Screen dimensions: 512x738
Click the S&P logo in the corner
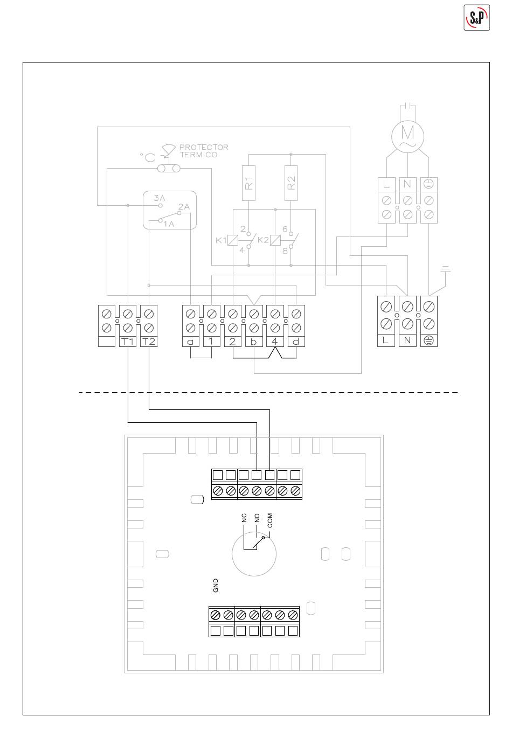pos(476,18)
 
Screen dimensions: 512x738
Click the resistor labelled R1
pos(248,184)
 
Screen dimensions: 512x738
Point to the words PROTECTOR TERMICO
pos(203,151)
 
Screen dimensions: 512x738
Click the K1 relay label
pos(220,240)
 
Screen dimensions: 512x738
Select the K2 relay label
pos(263,240)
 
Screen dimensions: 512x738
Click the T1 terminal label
pos(128,341)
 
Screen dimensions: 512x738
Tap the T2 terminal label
pos(149,341)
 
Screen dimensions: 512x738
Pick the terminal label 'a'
pos(190,341)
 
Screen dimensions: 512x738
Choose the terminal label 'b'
pos(253,341)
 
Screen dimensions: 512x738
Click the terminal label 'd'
pos(296,341)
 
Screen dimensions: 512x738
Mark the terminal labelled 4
pos(275,341)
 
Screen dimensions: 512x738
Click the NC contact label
pos(244,518)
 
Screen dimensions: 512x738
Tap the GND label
pos(216,586)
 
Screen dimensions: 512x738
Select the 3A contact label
pos(158,198)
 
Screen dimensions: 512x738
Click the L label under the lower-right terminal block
pos(385,340)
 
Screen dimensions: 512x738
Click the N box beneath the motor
pos(407,184)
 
